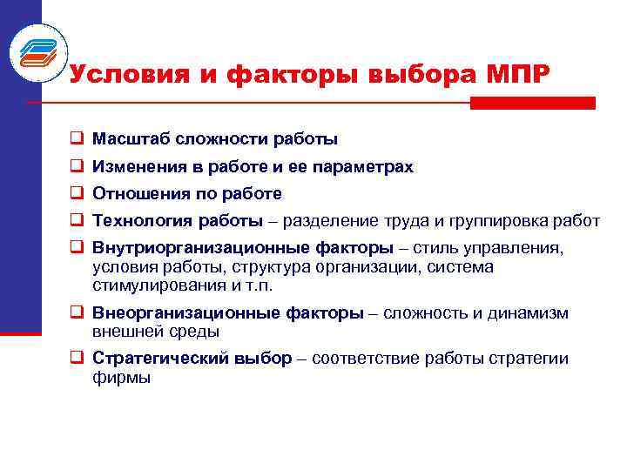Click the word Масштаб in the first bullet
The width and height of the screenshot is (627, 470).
130,138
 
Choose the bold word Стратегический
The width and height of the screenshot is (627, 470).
161,359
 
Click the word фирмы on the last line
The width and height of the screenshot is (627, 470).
121,377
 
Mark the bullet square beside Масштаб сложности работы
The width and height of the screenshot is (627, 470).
77,138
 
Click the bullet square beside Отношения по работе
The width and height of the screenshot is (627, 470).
77,193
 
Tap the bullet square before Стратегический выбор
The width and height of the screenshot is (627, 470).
77,359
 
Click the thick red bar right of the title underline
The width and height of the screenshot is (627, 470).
532,103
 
